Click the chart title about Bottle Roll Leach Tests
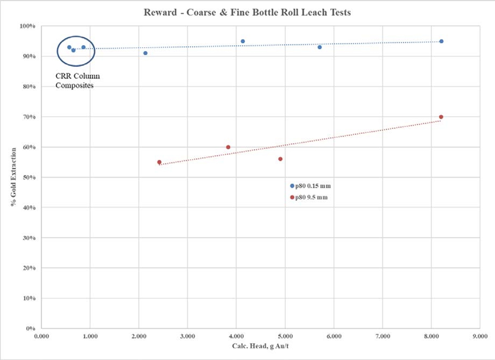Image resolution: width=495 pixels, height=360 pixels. click(x=247, y=13)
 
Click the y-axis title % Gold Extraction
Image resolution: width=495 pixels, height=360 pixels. click(x=15, y=176)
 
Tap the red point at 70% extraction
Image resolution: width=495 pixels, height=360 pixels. click(x=441, y=117)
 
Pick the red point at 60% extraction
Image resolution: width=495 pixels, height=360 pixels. click(x=228, y=147)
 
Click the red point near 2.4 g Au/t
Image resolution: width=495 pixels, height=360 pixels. click(x=159, y=162)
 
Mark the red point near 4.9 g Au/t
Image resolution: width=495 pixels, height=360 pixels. click(x=280, y=159)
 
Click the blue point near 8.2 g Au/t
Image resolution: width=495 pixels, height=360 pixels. click(x=441, y=41)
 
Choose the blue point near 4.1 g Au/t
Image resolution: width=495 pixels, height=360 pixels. click(x=243, y=41)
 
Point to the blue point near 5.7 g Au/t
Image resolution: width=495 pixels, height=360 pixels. click(x=320, y=47)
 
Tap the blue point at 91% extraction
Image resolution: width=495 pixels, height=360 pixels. click(x=145, y=53)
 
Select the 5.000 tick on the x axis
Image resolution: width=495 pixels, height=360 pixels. click(x=285, y=336)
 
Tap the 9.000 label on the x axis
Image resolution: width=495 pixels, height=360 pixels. click(x=480, y=336)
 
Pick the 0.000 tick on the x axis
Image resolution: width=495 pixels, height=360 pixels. click(x=41, y=336)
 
